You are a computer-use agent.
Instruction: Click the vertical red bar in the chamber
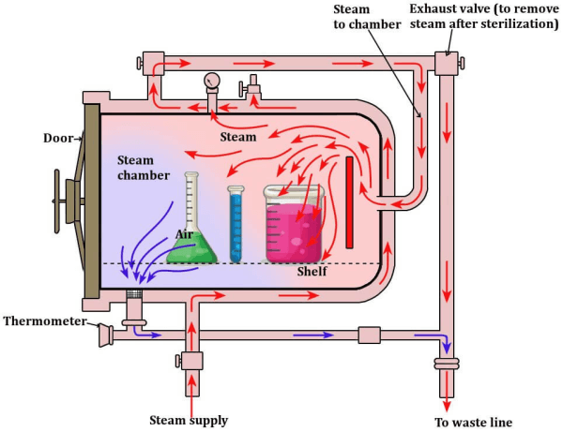point(349,202)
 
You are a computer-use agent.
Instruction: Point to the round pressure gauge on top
point(212,81)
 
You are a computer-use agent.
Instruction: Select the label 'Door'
point(60,138)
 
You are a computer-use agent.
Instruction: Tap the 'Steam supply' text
point(189,419)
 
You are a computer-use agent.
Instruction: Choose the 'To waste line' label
point(479,421)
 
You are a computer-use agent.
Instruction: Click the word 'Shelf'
point(312,272)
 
